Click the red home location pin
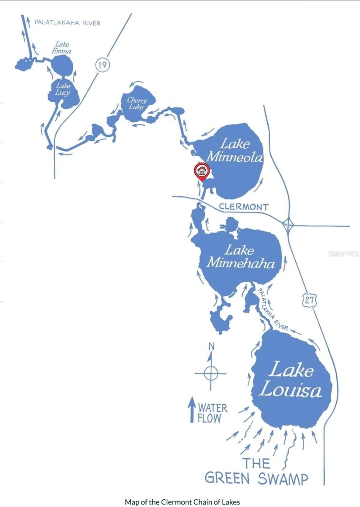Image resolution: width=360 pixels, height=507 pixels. [202, 171]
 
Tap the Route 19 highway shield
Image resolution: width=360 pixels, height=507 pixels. [102, 65]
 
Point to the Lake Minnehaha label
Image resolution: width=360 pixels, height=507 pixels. [240, 257]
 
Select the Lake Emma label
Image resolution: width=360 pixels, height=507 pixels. [63, 48]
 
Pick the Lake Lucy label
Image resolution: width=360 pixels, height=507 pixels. [63, 89]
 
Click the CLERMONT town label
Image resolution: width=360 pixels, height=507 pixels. [243, 207]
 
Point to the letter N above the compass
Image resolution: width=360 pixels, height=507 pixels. [211, 347]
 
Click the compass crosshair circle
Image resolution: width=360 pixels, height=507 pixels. [211, 373]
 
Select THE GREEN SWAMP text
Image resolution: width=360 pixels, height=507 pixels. [256, 471]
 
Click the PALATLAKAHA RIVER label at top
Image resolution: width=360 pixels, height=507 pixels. [67, 23]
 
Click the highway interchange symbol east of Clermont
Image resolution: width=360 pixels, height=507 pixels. [288, 226]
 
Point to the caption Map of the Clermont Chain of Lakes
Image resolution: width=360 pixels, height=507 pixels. [182, 502]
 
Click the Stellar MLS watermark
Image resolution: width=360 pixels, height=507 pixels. [343, 253]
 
